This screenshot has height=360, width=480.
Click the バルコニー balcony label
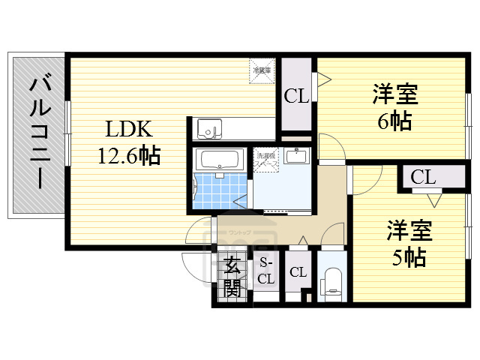pos(36,135)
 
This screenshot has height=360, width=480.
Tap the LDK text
pos(128,128)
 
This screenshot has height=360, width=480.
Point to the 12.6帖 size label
pos(128,156)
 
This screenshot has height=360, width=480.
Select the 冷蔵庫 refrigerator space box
pos(262,70)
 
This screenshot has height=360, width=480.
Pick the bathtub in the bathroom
pos(218,159)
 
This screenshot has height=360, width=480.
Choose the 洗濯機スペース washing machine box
pos(267,160)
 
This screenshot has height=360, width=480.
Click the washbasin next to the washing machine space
pos(298,157)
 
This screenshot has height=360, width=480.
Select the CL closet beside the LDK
pos(295,96)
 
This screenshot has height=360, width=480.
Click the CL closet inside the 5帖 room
pos(422,178)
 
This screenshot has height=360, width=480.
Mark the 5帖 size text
pos(409,256)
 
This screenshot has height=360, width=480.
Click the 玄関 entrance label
pos(232,276)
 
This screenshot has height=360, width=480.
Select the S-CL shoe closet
pos(265,271)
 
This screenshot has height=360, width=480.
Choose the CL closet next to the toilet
pos(298,272)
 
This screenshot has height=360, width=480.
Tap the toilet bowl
pos(331,283)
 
